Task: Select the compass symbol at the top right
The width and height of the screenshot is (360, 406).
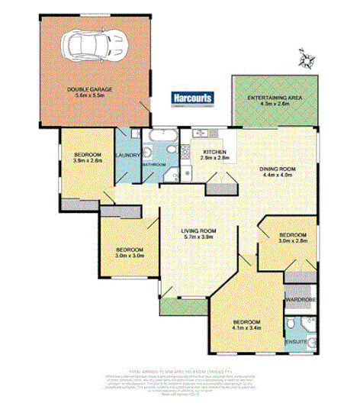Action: coord(306,58)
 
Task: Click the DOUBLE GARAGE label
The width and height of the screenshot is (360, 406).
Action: coord(90,89)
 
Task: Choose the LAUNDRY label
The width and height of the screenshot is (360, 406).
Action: coord(127,156)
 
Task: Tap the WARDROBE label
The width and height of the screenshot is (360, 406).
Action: coord(299,300)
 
